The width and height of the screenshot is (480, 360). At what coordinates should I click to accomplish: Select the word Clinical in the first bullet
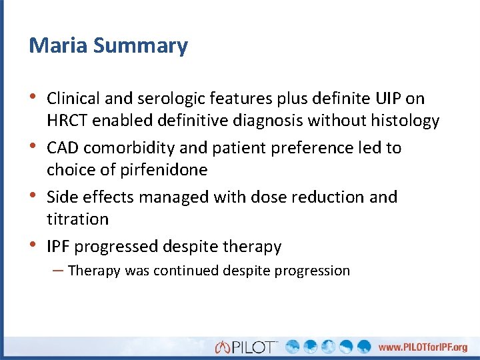click(x=72, y=99)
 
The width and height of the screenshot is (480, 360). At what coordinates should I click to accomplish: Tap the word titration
click(x=77, y=219)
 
